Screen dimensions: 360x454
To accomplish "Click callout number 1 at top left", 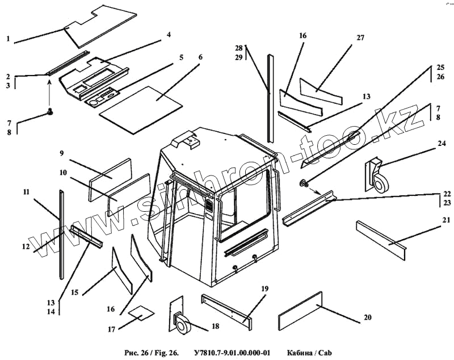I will pyautogui.click(x=9, y=39).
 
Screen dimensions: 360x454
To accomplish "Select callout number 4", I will pyautogui.click(x=169, y=35).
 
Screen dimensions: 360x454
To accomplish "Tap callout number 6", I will pyautogui.click(x=200, y=58).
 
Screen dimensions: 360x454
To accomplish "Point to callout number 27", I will pyautogui.click(x=360, y=37).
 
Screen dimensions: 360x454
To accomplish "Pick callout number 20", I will pyautogui.click(x=367, y=317).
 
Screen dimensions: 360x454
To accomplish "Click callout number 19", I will pyautogui.click(x=264, y=289).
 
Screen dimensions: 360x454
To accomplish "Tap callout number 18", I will pyautogui.click(x=215, y=326).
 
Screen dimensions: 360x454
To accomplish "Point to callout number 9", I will pyautogui.click(x=62, y=153).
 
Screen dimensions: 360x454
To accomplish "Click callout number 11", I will pyautogui.click(x=26, y=192).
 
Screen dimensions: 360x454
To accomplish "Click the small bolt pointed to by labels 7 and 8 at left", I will pyautogui.click(x=50, y=111).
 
